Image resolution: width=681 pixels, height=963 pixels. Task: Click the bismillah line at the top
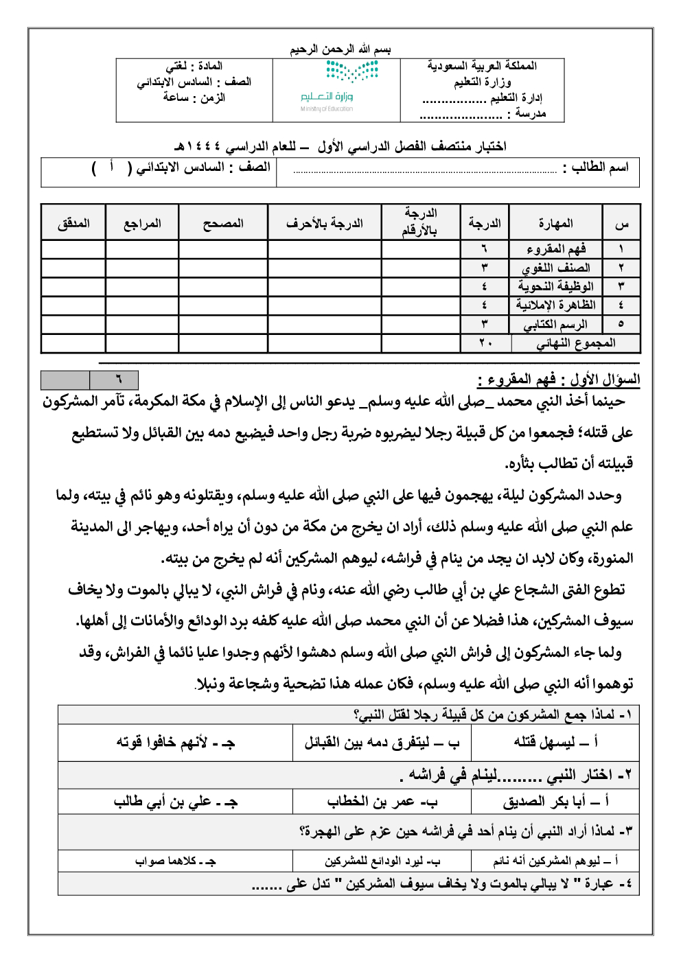pos(340,49)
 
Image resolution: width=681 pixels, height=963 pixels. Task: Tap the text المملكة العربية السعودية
pos(482,66)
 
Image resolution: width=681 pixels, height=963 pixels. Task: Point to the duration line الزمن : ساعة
pos(194,97)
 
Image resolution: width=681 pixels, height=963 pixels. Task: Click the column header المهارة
pos(555,224)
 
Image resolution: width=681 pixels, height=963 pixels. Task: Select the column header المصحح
pos(223,224)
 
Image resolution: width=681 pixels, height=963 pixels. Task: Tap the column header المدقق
pos(73,224)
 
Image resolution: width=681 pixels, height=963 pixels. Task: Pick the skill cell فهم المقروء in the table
pos(556,249)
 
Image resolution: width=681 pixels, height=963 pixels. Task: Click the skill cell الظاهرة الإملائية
pos(556,305)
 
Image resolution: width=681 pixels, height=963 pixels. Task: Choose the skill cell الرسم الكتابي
pos(556,324)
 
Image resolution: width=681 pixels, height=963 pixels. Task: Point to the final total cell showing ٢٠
pos(485,343)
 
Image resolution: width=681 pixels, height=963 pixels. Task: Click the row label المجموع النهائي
pos(575,343)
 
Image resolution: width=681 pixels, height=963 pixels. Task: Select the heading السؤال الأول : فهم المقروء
pos(558,379)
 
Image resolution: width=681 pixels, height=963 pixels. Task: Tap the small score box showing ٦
pos(114,380)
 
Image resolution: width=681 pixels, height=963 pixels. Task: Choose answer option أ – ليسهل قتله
pos(555,742)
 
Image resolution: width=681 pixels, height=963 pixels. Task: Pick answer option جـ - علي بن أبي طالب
pos(176,802)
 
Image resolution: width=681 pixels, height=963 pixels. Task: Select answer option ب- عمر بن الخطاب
pos(382,802)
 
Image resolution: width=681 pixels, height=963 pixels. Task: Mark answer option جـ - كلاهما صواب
pos(176,861)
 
